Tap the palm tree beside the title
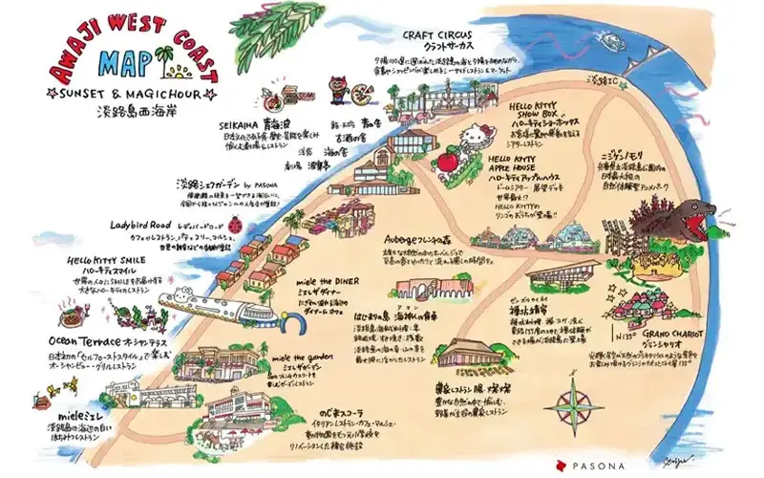(168, 59)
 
